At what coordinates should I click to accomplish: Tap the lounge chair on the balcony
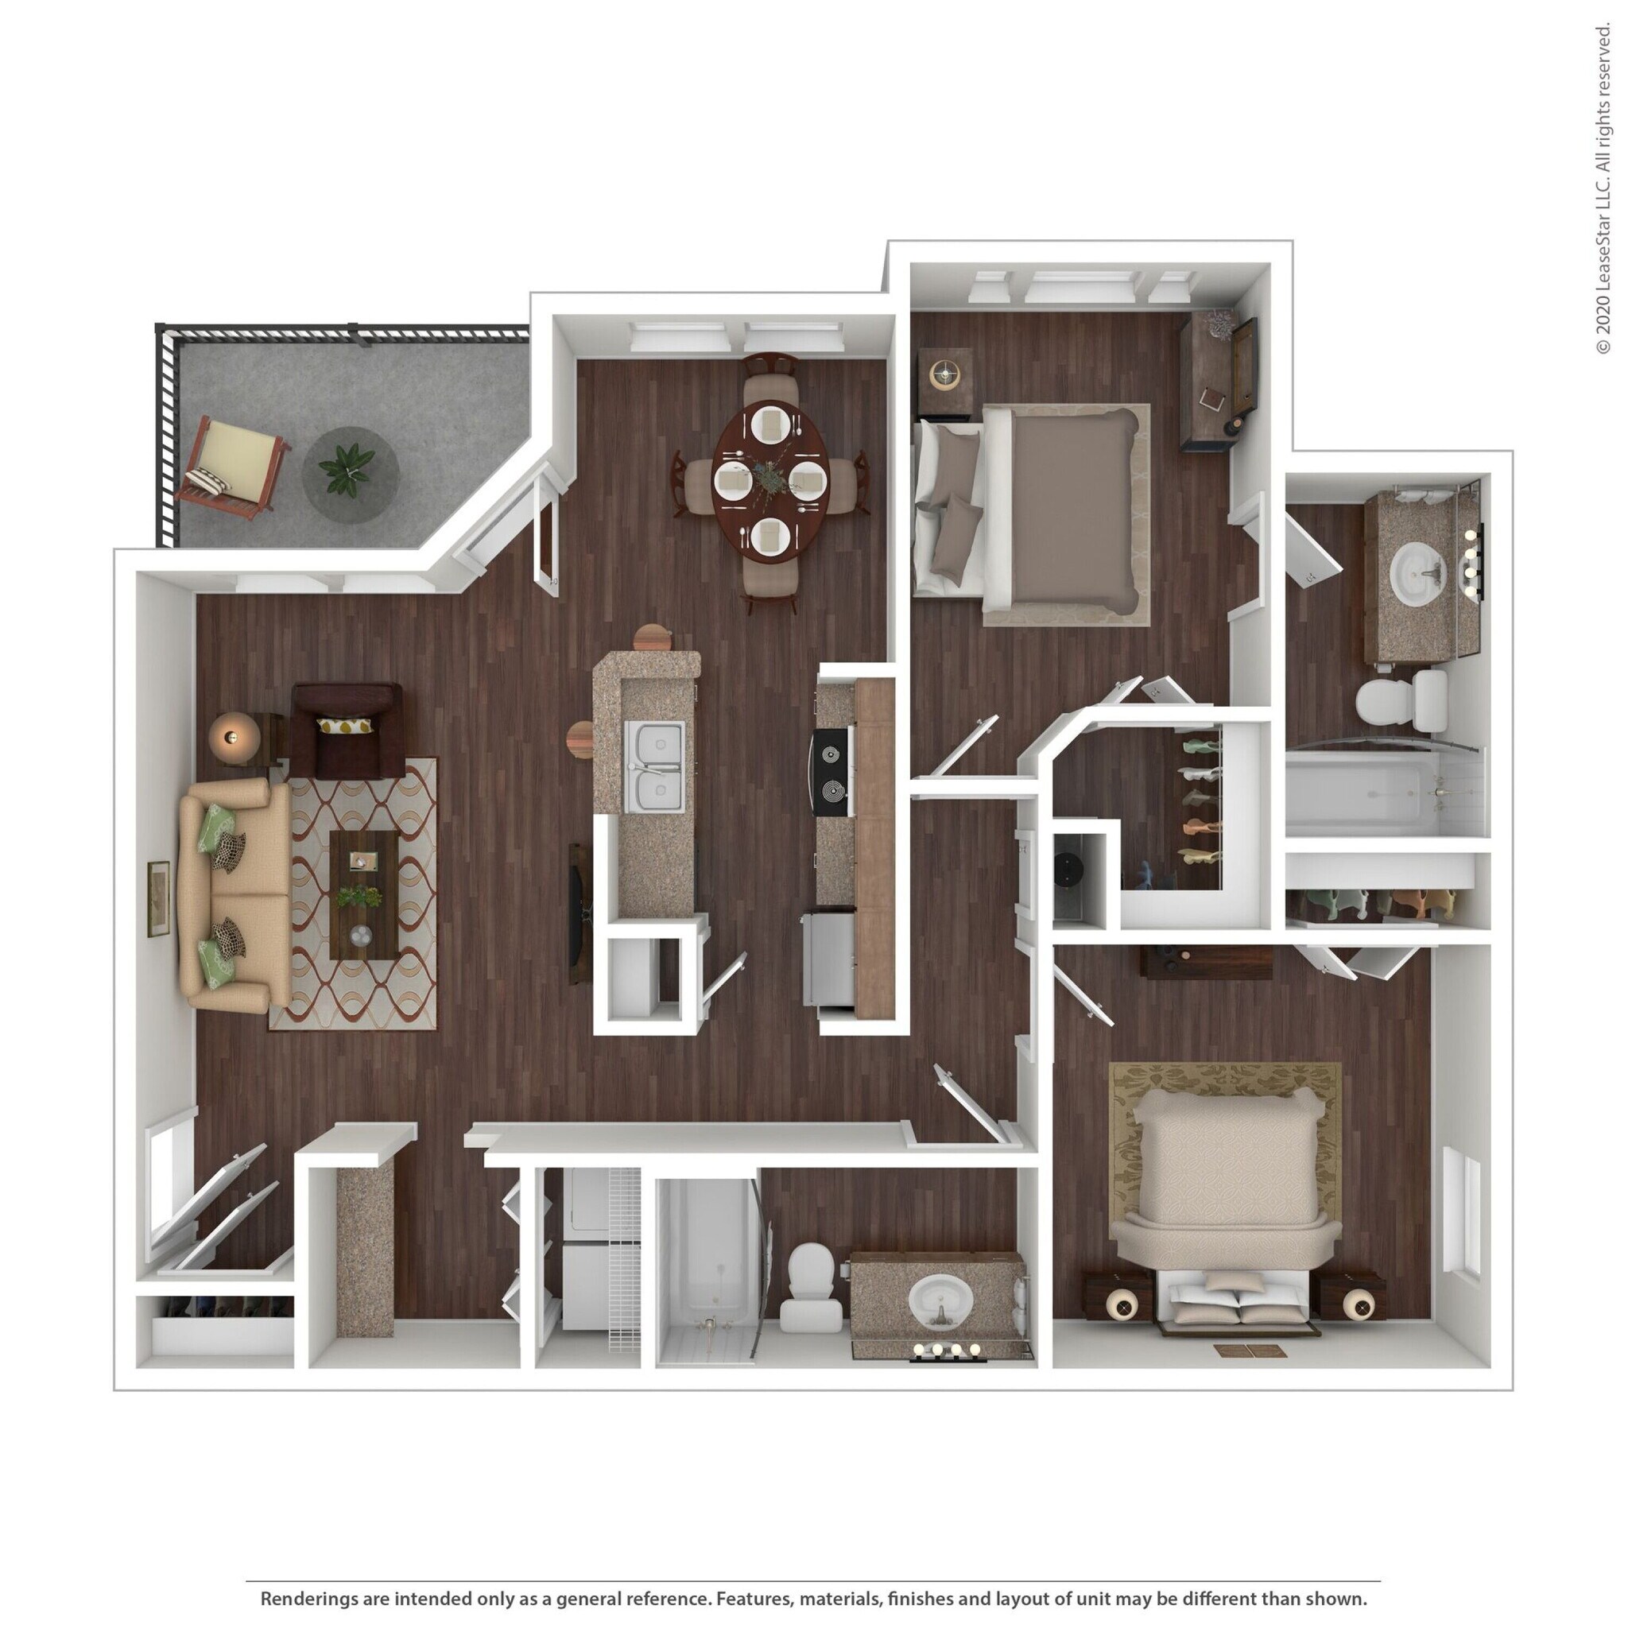(232, 467)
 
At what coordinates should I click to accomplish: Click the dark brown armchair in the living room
(347, 731)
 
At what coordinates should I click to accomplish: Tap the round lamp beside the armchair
(230, 738)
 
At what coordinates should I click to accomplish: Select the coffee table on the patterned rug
(364, 895)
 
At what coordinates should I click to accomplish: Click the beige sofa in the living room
(232, 895)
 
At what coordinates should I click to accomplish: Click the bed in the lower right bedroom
(1227, 1196)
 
